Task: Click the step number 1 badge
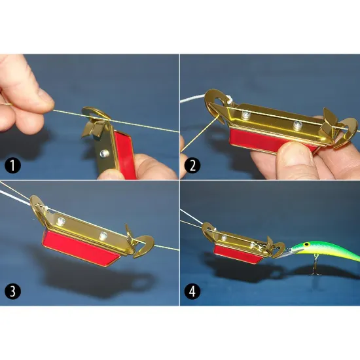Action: (x=12, y=165)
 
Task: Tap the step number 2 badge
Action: (x=192, y=165)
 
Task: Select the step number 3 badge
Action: (x=12, y=291)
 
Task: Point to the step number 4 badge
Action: (x=192, y=291)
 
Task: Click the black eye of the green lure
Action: (x=306, y=244)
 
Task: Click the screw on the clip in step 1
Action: (x=104, y=153)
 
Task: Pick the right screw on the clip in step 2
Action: (x=297, y=124)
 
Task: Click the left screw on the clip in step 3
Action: (x=62, y=221)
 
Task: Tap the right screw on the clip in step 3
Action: (x=103, y=236)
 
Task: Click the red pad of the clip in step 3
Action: (x=81, y=247)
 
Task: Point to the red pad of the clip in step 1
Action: (x=124, y=154)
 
